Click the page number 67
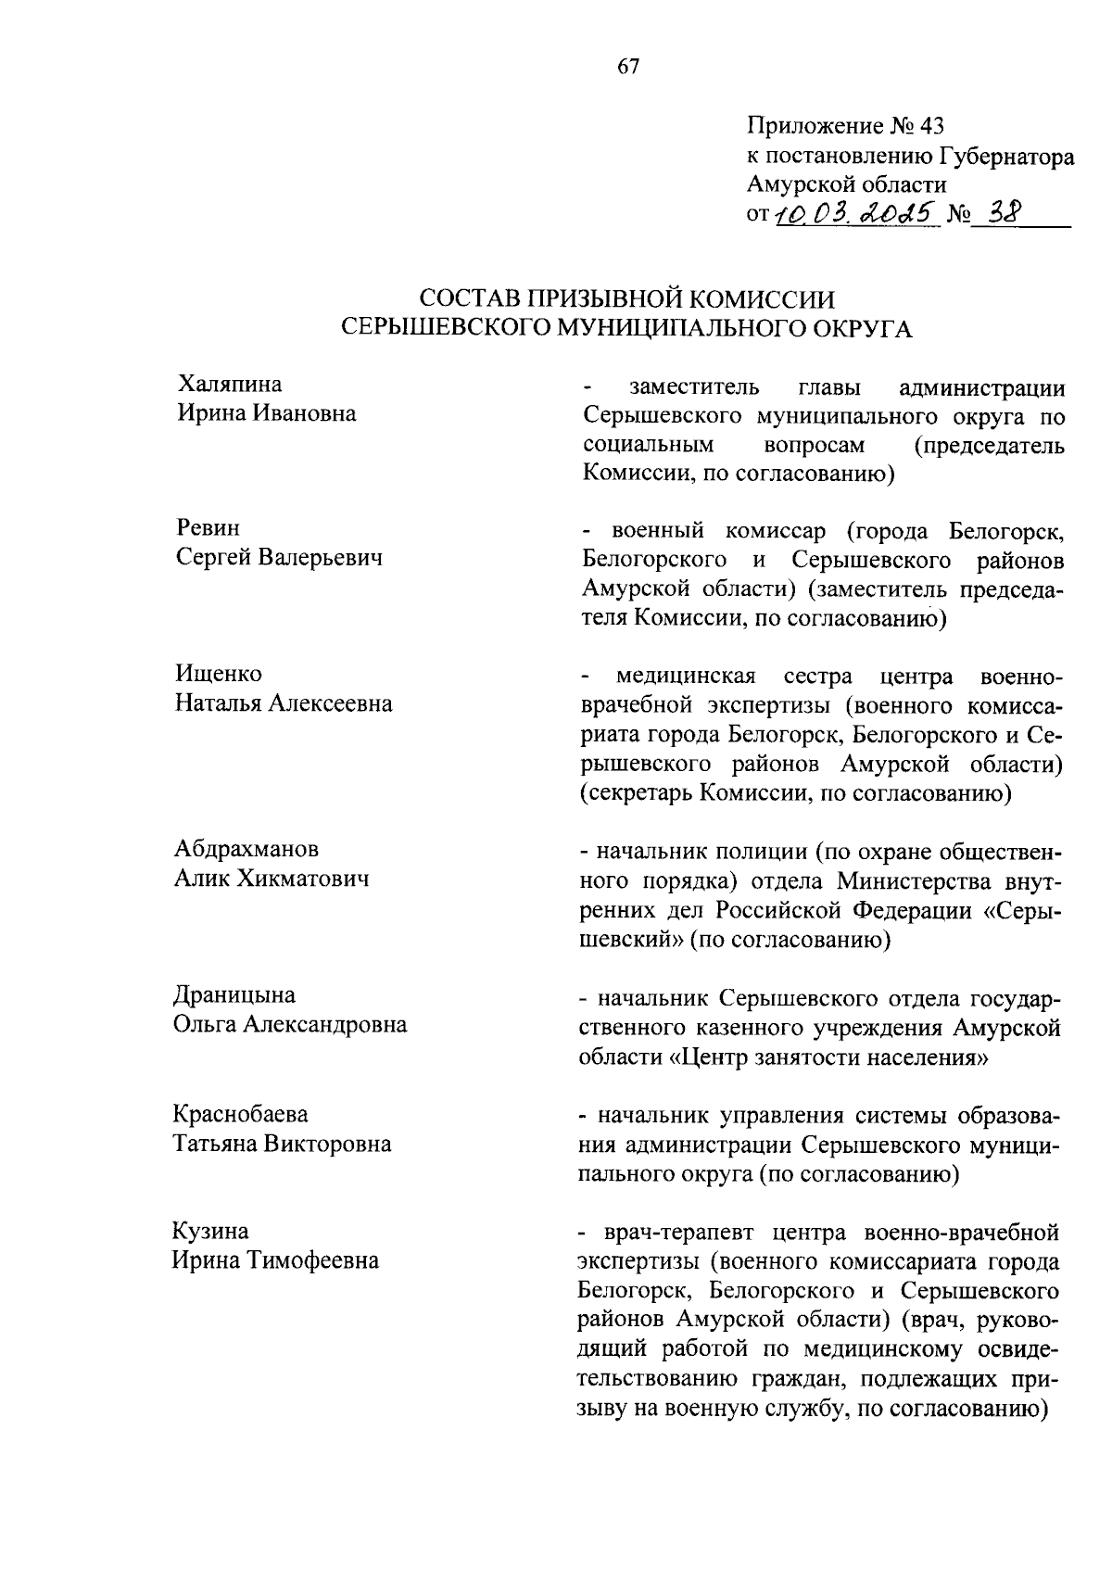(627, 67)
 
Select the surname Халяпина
(230, 385)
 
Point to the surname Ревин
(208, 528)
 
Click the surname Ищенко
(219, 674)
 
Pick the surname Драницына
(235, 995)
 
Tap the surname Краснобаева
(241, 1114)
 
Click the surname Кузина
(210, 1232)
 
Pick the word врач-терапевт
(667, 1234)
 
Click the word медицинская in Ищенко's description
(686, 677)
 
